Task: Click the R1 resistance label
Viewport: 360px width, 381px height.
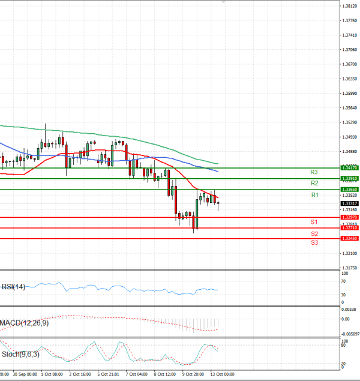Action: point(314,196)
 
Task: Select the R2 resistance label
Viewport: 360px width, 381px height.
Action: point(314,182)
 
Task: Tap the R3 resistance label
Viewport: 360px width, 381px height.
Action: point(314,172)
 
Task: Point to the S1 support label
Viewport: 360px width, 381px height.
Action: point(314,222)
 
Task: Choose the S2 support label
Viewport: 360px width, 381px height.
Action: point(314,233)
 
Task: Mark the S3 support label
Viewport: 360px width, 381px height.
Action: point(314,242)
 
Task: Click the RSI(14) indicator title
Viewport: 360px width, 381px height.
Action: point(14,287)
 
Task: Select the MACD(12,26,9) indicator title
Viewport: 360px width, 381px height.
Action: point(25,323)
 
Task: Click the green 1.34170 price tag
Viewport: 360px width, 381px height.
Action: point(349,168)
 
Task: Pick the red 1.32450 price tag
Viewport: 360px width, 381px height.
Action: point(349,238)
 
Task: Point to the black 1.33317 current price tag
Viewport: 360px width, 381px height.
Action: point(349,203)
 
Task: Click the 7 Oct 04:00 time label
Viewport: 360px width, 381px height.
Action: point(136,374)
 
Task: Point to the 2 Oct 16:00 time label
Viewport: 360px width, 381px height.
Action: point(80,374)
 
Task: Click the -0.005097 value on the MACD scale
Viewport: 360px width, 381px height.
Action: point(350,333)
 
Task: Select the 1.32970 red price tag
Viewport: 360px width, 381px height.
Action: point(349,217)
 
